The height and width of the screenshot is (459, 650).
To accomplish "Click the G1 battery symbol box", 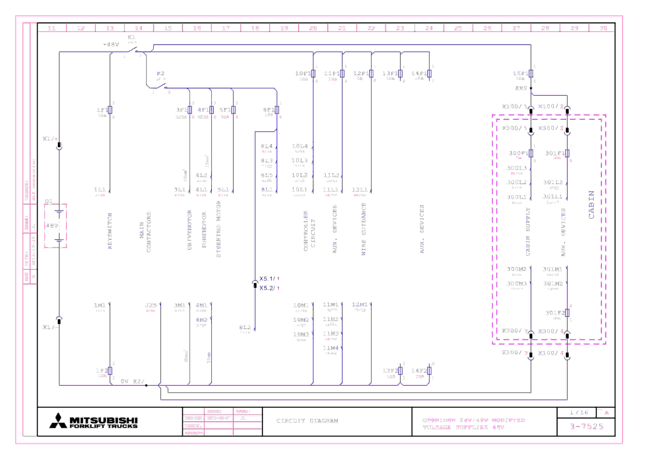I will click(56, 226).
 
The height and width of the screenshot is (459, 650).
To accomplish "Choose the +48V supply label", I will click(111, 44).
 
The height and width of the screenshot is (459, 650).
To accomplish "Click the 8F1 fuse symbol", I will click(277, 110).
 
